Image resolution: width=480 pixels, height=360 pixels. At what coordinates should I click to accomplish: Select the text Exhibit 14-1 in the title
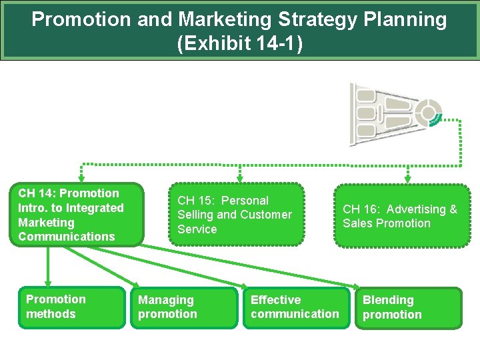(240, 44)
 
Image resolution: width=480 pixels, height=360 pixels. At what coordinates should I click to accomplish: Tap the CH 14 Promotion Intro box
(77, 215)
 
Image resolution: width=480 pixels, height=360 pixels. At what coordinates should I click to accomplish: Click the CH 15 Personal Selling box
(237, 215)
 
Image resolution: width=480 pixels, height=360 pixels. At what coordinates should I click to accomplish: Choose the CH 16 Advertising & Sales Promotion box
(402, 216)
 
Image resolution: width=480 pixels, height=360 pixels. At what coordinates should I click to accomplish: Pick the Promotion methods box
(71, 307)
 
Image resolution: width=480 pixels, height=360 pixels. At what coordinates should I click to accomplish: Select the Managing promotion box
(183, 307)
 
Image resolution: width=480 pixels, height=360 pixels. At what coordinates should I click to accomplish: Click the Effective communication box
(296, 307)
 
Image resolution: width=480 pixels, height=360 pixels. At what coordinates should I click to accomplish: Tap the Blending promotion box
(408, 308)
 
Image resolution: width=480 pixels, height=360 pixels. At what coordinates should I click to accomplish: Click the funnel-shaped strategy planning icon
(393, 114)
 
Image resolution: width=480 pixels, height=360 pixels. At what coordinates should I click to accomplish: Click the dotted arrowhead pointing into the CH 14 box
(81, 178)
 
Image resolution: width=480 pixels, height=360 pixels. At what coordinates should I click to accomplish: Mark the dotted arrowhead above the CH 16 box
(407, 178)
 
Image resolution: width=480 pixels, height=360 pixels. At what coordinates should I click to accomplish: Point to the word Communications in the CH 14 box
(67, 237)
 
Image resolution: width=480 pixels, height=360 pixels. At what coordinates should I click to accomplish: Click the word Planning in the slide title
(407, 19)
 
